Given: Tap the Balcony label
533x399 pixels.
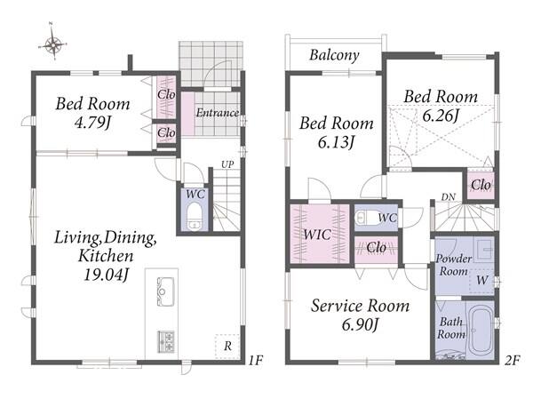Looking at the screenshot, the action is pyautogui.click(x=334, y=55).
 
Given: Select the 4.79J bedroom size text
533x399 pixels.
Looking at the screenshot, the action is pyautogui.click(x=92, y=123).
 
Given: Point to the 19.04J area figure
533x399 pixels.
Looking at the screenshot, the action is pyautogui.click(x=106, y=275).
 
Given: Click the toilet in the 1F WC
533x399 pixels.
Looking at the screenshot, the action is pyautogui.click(x=194, y=217).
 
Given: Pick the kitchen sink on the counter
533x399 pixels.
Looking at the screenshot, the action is pyautogui.click(x=165, y=291).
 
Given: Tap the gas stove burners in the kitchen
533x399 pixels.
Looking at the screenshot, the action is pyautogui.click(x=165, y=341).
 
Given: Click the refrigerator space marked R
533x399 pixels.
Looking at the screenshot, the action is pyautogui.click(x=227, y=347).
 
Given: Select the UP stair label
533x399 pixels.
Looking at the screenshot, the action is pyautogui.click(x=227, y=164).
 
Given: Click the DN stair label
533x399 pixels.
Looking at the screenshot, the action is pyautogui.click(x=448, y=197).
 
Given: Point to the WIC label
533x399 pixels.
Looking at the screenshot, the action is pyautogui.click(x=317, y=235).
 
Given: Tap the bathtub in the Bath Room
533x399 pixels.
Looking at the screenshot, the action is pyautogui.click(x=481, y=330).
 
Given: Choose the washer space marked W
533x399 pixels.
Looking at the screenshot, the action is pyautogui.click(x=481, y=281).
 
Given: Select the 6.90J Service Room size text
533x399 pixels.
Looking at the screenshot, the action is pyautogui.click(x=360, y=325).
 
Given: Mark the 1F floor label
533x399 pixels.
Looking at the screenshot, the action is pyautogui.click(x=255, y=360).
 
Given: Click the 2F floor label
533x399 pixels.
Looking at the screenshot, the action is pyautogui.click(x=512, y=360).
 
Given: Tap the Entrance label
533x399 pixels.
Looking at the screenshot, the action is pyautogui.click(x=218, y=113).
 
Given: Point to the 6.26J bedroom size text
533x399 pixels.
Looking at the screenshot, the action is pyautogui.click(x=441, y=116).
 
